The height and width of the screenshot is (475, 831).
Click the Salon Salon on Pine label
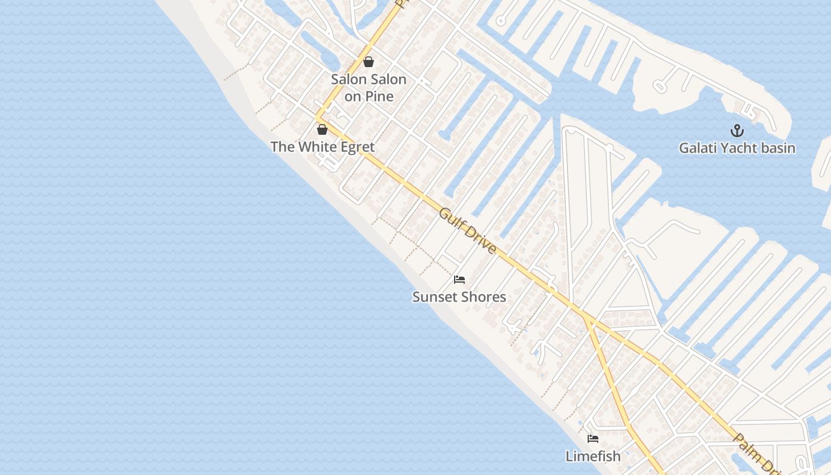pyautogui.click(x=369, y=87)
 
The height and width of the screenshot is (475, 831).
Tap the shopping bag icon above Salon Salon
pyautogui.click(x=369, y=62)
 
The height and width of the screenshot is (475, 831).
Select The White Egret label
pyautogui.click(x=322, y=147)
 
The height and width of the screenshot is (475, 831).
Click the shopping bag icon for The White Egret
pyautogui.click(x=322, y=129)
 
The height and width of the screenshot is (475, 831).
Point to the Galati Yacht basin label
pyautogui.click(x=737, y=148)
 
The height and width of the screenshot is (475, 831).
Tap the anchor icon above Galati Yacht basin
pyautogui.click(x=737, y=131)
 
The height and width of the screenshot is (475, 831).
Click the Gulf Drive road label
pyautogui.click(x=467, y=230)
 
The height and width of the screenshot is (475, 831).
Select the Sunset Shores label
pyautogui.click(x=459, y=297)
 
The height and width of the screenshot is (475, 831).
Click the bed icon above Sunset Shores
pyautogui.click(x=459, y=280)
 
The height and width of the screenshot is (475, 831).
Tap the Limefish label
pyautogui.click(x=593, y=456)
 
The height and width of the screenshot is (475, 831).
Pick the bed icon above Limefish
pyautogui.click(x=593, y=439)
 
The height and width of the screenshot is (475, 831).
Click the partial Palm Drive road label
pyautogui.click(x=754, y=454)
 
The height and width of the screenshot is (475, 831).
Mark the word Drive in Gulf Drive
pyautogui.click(x=478, y=239)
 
